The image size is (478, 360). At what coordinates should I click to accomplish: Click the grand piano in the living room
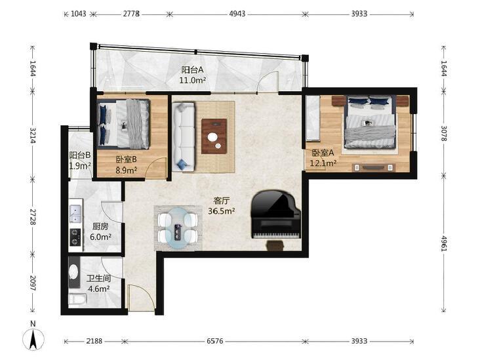(x=276, y=215)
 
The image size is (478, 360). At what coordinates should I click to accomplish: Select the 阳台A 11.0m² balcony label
(x=193, y=75)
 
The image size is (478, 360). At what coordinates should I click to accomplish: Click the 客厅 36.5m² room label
(x=222, y=206)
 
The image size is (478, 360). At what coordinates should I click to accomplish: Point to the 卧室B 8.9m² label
(x=126, y=165)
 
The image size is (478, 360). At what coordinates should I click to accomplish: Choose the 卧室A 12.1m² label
(x=323, y=158)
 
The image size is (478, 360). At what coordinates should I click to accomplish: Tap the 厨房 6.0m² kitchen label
(x=100, y=231)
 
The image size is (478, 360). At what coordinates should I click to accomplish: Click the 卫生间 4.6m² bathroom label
(x=98, y=283)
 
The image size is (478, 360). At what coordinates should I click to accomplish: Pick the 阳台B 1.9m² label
(x=80, y=161)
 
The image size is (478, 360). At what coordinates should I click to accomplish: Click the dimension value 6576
(x=215, y=341)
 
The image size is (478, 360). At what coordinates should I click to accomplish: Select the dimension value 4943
(x=237, y=14)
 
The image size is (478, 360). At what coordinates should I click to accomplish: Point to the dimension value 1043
(x=78, y=14)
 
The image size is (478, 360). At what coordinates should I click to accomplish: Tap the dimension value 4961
(x=443, y=243)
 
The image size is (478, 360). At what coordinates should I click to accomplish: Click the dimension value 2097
(x=33, y=283)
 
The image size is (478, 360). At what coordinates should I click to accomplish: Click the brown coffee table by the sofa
(x=214, y=136)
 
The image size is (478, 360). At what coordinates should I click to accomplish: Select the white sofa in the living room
(x=183, y=136)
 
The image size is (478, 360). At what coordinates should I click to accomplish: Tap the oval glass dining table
(x=178, y=228)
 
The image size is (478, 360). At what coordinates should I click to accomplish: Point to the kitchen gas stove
(x=75, y=237)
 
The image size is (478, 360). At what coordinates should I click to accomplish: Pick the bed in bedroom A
(x=370, y=122)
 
